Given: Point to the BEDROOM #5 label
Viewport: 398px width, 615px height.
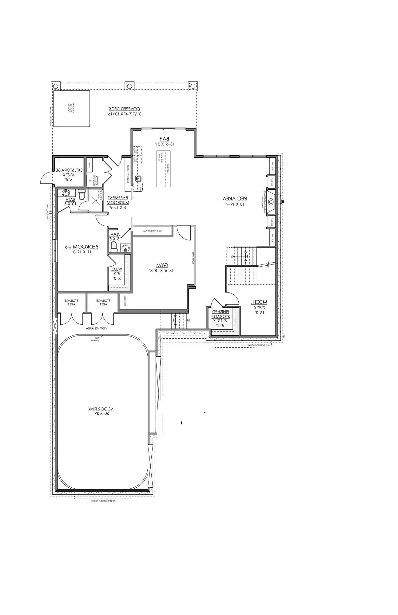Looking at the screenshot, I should [x=82, y=247].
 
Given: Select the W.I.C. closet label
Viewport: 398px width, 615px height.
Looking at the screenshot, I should [x=117, y=269].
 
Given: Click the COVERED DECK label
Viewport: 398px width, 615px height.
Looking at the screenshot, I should [x=125, y=109].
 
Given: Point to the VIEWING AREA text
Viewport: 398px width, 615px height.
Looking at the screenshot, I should [x=97, y=328].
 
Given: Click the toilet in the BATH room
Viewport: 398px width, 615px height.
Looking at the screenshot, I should [x=82, y=195].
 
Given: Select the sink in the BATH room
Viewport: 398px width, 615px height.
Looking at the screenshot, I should [x=66, y=193].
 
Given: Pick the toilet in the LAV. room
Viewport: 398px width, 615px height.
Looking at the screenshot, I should [x=114, y=246].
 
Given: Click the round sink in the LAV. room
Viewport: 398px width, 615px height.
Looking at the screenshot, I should [x=125, y=248].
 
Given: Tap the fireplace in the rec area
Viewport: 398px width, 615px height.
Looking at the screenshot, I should [x=271, y=202].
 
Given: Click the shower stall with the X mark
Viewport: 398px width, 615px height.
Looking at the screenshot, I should [x=95, y=200].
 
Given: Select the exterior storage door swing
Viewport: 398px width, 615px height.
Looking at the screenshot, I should [x=46, y=178].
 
